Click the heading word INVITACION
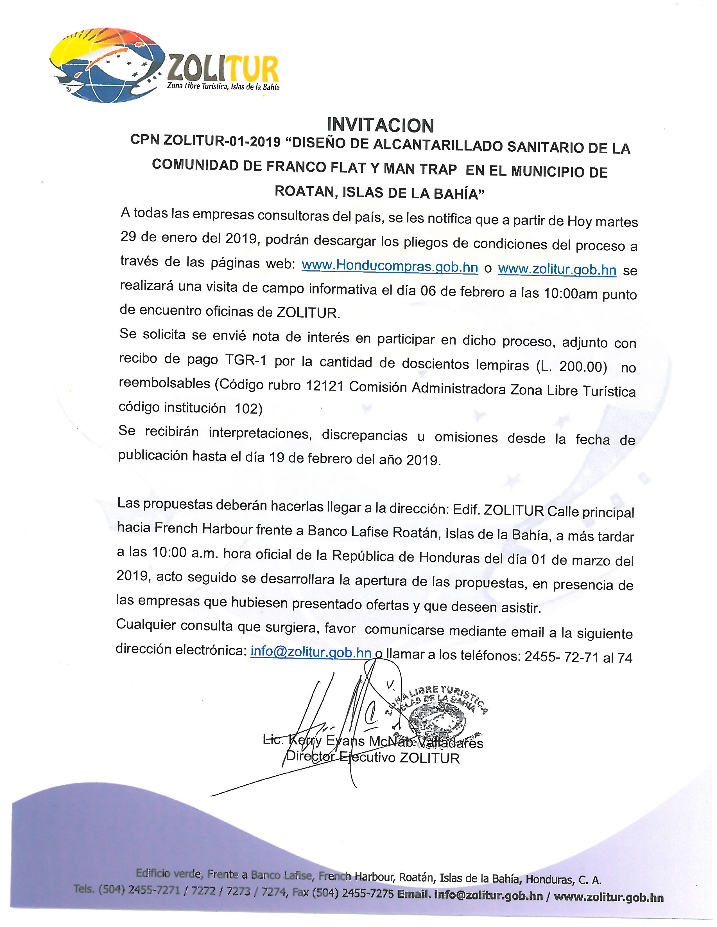click(380, 126)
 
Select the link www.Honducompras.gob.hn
click(390, 266)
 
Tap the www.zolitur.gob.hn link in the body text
click(557, 269)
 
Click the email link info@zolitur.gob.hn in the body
click(311, 652)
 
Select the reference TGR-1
click(243, 361)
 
